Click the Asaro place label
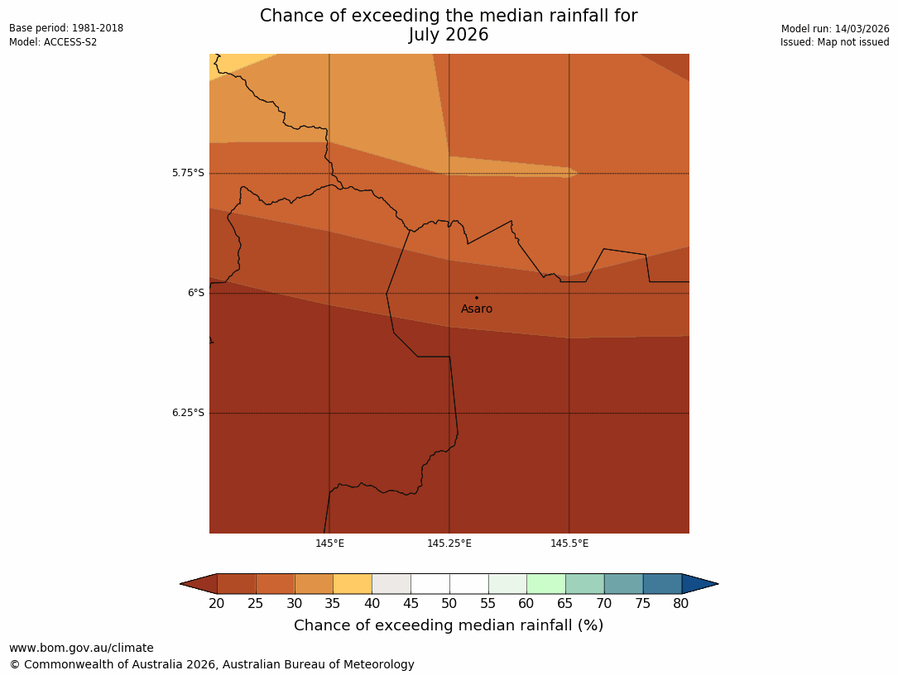coord(477,309)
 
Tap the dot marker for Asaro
coord(476,298)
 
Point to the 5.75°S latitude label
coord(188,173)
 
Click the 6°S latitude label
coord(195,293)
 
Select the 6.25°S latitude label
coord(188,413)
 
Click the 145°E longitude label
coord(329,543)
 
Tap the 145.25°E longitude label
coord(449,543)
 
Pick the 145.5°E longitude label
coord(569,543)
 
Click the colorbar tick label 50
coord(449,604)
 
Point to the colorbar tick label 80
coord(681,604)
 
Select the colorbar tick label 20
coord(217,604)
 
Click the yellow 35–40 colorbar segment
coord(353,584)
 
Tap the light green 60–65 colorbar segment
coord(546,584)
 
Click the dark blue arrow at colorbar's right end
coord(699,584)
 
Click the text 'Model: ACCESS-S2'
coord(53,42)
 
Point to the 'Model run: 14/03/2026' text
coord(835,29)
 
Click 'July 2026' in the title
coord(449,36)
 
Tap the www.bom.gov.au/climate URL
coord(81,649)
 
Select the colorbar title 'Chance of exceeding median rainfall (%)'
coord(449,626)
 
